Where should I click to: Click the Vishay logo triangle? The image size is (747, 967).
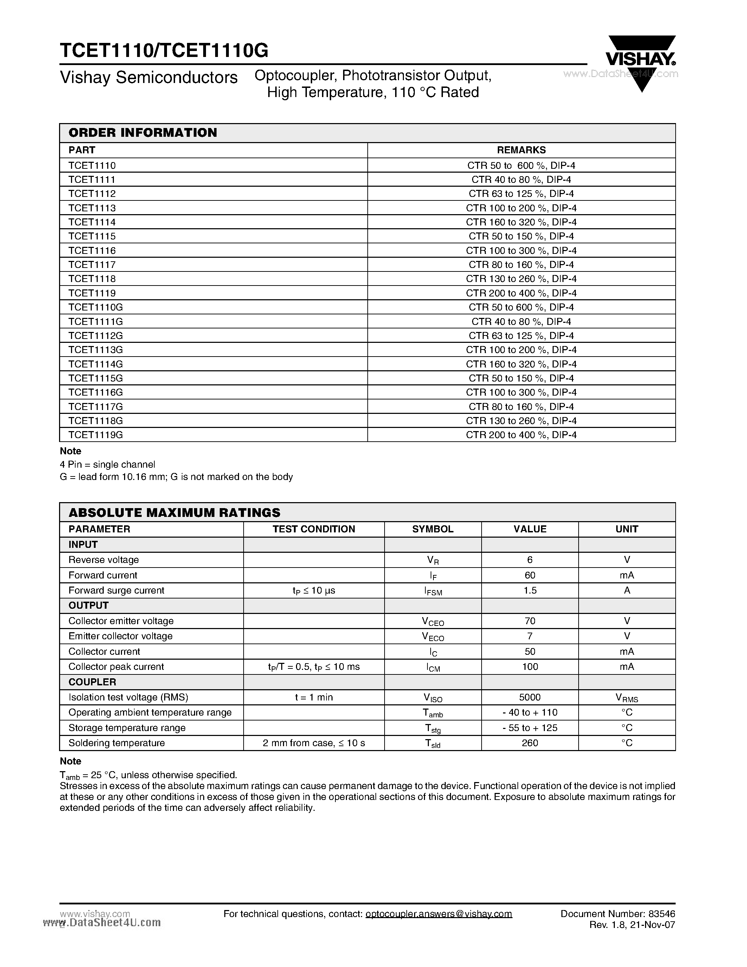pos(641,62)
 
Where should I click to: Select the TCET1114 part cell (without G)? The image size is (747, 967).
pos(92,222)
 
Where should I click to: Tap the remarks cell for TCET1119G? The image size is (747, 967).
pos(521,435)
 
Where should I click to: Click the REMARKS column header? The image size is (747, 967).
pos(521,150)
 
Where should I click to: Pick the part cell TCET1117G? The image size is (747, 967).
pos(96,406)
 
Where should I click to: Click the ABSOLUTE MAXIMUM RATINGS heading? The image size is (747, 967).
pos(174,513)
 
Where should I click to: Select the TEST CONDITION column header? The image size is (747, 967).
pos(314,529)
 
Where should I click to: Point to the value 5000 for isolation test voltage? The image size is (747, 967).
pos(530,697)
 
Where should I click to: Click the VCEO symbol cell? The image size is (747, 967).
pos(433,622)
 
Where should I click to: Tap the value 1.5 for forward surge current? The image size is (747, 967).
pos(530,590)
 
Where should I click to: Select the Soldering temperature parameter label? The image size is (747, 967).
pos(116,743)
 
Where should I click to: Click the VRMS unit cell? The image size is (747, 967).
pos(627,698)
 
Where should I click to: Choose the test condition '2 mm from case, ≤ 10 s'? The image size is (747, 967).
pos(314,743)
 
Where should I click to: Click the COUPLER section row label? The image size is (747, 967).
pos(92,682)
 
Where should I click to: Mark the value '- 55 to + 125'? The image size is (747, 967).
pos(530,728)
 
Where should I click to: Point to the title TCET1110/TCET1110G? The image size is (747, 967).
pos(164,51)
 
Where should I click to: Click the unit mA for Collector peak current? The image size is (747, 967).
pos(627,667)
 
